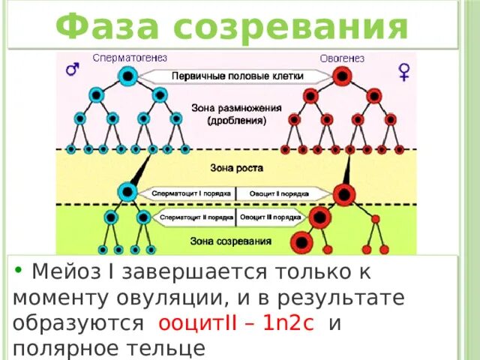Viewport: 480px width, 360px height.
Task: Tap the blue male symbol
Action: [73, 69]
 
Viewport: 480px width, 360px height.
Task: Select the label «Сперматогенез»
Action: [130, 58]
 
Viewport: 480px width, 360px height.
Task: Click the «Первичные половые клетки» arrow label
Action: [235, 76]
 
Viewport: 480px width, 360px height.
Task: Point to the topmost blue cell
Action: [127, 75]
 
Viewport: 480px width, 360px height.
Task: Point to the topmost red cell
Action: [342, 76]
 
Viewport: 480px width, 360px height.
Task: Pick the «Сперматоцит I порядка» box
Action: [191, 193]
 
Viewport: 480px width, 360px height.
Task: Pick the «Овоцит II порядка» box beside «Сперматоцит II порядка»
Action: [270, 218]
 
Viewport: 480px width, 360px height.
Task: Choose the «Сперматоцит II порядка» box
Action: [195, 218]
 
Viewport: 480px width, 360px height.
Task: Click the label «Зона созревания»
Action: [235, 241]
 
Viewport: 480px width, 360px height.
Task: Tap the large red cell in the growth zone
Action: [344, 195]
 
